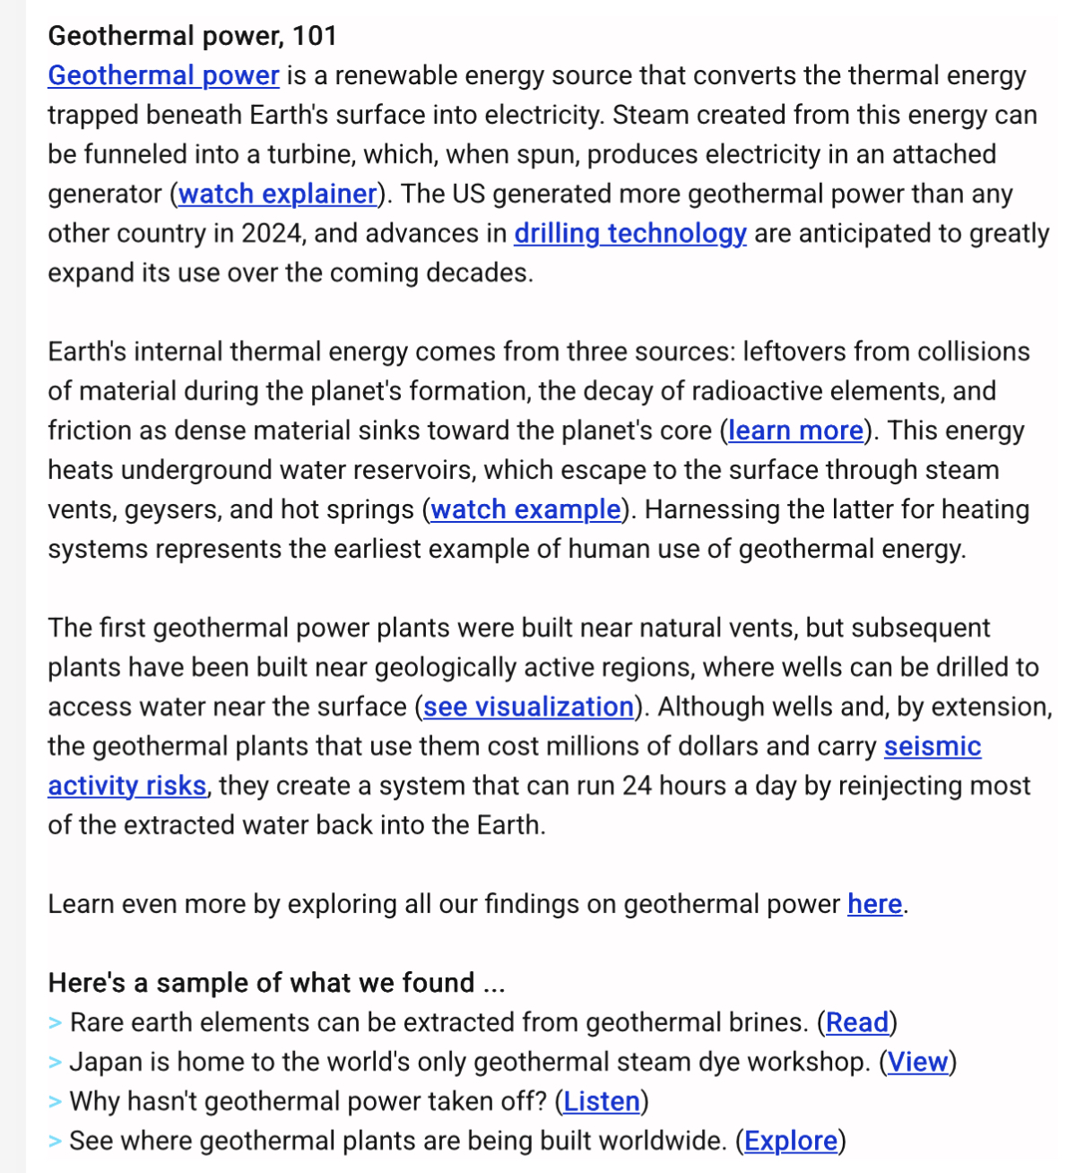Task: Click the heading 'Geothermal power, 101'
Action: (x=192, y=36)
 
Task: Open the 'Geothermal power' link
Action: (x=163, y=75)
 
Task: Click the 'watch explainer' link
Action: (x=278, y=194)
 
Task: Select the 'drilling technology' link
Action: (x=629, y=233)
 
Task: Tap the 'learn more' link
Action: (x=795, y=430)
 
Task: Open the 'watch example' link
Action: (x=525, y=509)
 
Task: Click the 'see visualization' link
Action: (x=528, y=707)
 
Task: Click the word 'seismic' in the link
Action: (x=933, y=746)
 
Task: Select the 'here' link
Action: (x=874, y=904)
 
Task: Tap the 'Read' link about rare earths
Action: (x=857, y=1022)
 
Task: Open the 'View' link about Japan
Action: (x=917, y=1062)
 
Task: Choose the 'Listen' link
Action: (x=602, y=1101)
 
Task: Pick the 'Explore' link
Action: (x=791, y=1141)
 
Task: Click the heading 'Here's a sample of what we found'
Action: (x=276, y=983)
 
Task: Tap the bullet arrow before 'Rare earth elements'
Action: (x=56, y=1023)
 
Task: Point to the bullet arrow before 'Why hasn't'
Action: (x=56, y=1102)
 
